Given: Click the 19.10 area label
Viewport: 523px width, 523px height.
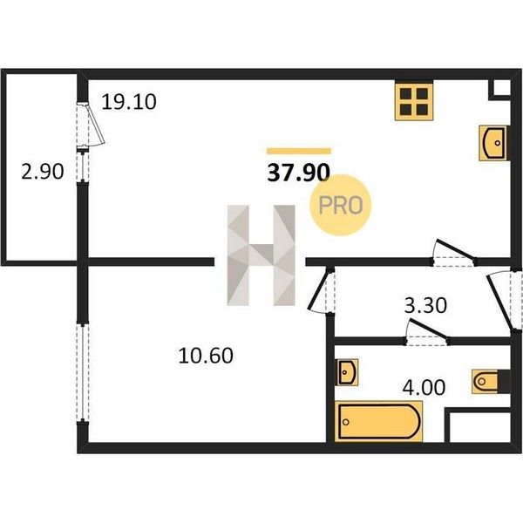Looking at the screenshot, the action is tap(129, 102).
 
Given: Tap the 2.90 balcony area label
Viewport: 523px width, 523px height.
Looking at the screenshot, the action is tap(43, 172).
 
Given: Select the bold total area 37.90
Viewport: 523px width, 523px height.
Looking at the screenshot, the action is tap(298, 173).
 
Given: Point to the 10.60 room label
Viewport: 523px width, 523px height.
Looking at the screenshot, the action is tap(206, 356).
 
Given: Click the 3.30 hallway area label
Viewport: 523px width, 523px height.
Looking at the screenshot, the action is tap(425, 306).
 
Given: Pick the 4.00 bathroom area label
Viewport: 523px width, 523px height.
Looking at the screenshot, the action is tap(424, 388).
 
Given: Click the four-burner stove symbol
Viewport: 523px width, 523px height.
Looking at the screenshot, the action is tap(414, 101).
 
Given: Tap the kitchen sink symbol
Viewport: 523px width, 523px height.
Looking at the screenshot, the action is tap(494, 143).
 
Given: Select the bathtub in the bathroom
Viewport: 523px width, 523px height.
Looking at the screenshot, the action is tap(378, 421).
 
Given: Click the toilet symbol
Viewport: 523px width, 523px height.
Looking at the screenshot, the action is tap(491, 381).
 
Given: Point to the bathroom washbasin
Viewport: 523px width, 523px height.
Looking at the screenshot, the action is tap(347, 372).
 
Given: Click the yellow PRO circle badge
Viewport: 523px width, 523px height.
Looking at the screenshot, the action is tap(340, 205).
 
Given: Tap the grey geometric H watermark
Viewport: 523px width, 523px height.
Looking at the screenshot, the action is tap(261, 255).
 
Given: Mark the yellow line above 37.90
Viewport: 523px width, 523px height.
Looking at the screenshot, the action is tap(299, 151).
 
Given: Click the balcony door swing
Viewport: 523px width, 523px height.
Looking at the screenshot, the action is tap(91, 125).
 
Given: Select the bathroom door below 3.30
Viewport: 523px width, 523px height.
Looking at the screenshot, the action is tap(426, 333).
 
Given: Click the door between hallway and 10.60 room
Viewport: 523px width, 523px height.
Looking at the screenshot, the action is tap(321, 290).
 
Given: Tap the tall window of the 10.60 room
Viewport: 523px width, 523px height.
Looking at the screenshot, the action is tap(83, 373).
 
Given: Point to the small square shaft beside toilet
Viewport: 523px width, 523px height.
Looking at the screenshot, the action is tap(480, 427).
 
